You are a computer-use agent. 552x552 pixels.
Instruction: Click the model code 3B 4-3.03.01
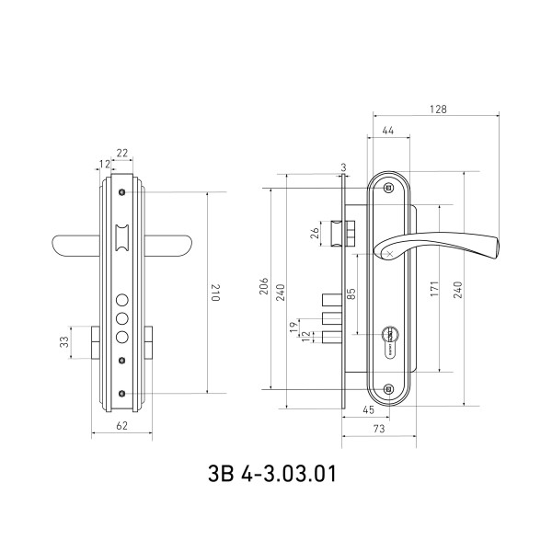(x=271, y=474)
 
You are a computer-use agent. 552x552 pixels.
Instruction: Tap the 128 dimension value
(x=438, y=109)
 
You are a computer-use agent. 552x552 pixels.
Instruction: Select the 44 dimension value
(x=387, y=131)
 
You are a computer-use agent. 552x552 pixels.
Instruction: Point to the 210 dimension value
(x=215, y=293)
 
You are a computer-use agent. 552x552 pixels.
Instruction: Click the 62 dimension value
(x=121, y=426)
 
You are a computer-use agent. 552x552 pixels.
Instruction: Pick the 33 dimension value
(x=64, y=342)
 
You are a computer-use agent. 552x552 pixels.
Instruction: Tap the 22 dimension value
(x=121, y=153)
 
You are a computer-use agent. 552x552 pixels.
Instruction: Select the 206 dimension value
(x=264, y=286)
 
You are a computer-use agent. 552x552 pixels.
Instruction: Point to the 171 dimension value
(x=434, y=289)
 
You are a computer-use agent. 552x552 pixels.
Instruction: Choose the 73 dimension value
(x=379, y=429)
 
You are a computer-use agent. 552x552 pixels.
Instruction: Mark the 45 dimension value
(x=368, y=410)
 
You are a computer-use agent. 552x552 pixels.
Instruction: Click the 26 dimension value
(x=315, y=233)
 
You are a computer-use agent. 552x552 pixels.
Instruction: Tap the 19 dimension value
(x=293, y=328)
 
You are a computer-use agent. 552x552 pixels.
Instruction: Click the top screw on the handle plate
(x=388, y=188)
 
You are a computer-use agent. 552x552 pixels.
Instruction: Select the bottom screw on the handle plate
(x=388, y=389)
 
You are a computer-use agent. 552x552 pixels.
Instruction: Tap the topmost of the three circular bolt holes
(x=121, y=300)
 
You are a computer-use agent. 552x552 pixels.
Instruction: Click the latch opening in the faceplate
(x=121, y=238)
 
